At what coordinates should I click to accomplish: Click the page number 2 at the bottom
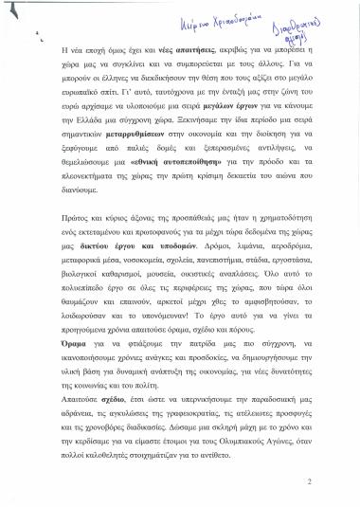[x=336, y=480]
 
